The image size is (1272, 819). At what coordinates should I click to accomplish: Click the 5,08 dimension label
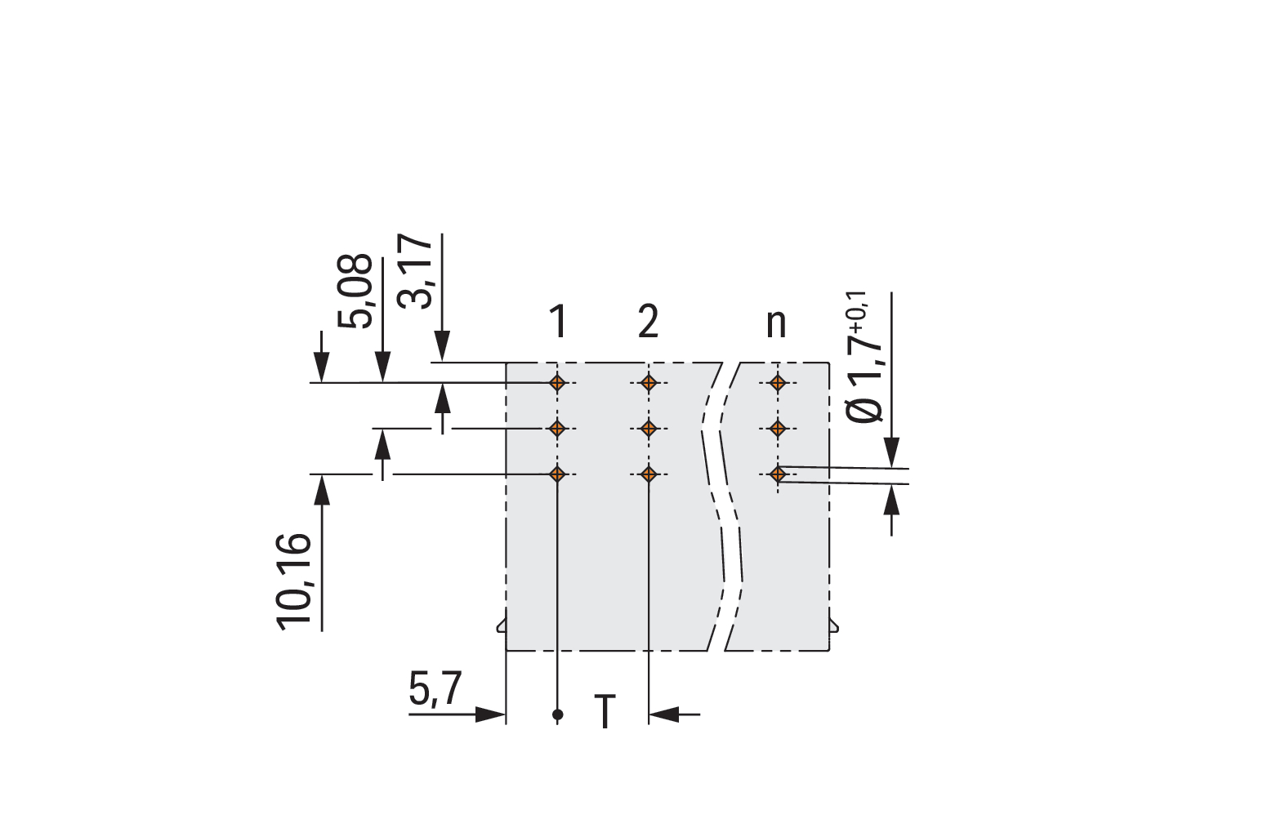[x=355, y=292]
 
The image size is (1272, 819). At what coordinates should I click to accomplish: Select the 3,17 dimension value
[x=415, y=271]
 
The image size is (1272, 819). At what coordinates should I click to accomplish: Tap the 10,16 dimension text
[x=294, y=582]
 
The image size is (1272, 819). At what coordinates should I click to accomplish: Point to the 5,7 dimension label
[x=435, y=688]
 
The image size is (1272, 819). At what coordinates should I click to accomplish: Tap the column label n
[x=776, y=325]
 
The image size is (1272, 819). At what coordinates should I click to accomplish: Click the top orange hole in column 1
[x=558, y=383]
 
